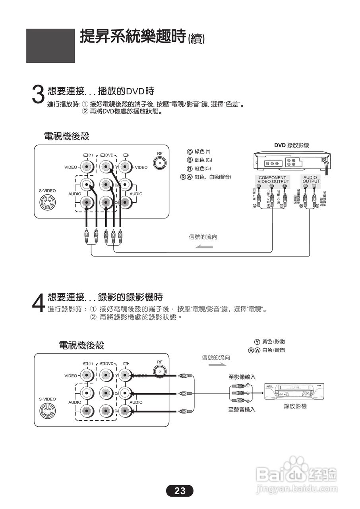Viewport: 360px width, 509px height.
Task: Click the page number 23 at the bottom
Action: (x=180, y=491)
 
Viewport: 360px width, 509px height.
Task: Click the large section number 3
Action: (x=37, y=95)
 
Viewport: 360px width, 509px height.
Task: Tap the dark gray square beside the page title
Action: (x=50, y=46)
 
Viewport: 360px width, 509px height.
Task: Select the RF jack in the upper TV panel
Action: (x=160, y=163)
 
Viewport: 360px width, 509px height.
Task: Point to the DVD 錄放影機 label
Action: (x=291, y=146)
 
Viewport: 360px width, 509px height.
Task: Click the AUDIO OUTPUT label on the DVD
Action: (x=311, y=179)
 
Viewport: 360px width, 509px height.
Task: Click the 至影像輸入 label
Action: (x=242, y=377)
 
